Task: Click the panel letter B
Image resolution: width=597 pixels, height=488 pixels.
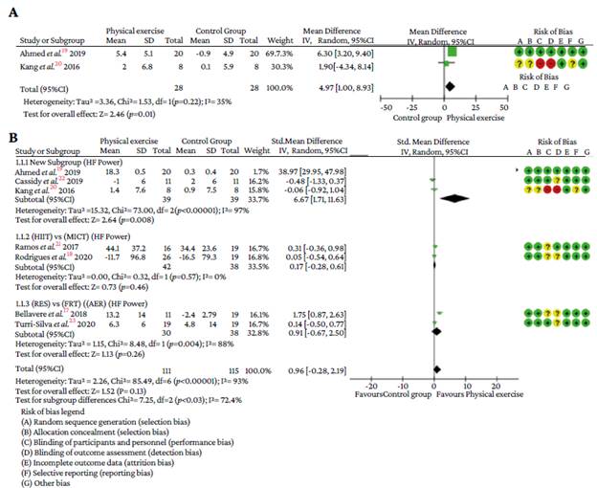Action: [11, 141]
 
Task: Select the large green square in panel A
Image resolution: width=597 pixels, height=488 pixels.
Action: [453, 55]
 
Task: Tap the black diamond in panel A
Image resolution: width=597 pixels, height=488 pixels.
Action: [450, 87]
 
